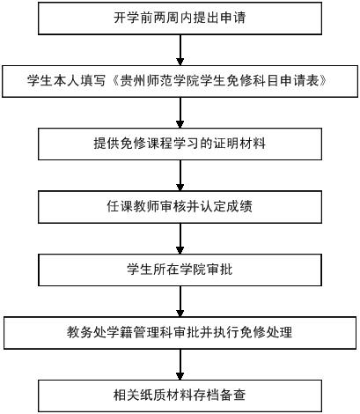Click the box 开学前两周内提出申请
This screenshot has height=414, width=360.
click(x=180, y=18)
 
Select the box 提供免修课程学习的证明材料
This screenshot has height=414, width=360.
click(x=180, y=144)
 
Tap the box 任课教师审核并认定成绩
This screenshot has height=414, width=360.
click(x=180, y=207)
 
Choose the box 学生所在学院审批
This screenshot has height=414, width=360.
click(x=180, y=270)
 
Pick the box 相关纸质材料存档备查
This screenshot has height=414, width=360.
click(x=180, y=396)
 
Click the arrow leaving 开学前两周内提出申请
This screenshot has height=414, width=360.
click(x=180, y=50)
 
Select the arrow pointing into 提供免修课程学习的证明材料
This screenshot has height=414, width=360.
click(x=180, y=113)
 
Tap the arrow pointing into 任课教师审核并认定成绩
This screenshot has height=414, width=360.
click(x=180, y=175)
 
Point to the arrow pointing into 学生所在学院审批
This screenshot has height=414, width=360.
click(x=180, y=239)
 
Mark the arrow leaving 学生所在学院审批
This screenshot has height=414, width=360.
click(x=180, y=301)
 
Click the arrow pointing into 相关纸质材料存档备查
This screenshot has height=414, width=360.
click(x=180, y=365)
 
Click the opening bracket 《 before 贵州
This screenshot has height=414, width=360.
click(x=114, y=81)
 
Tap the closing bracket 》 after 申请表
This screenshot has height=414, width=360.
click(x=323, y=81)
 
